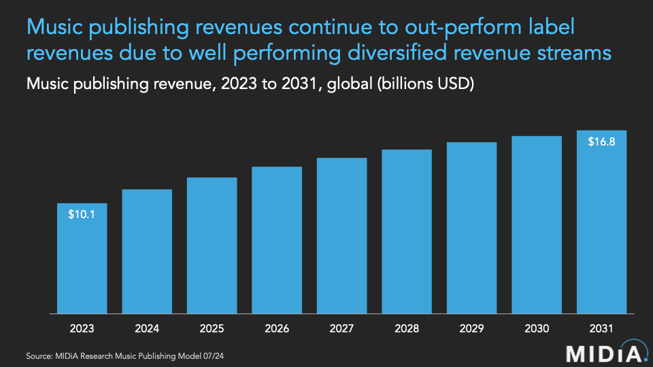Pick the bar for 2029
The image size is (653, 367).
coord(471,228)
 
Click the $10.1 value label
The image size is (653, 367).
coord(82,215)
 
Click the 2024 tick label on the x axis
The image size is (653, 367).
coord(147,328)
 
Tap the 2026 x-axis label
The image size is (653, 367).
coord(277,328)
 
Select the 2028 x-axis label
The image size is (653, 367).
coord(407,328)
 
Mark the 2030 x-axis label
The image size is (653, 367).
coord(537,328)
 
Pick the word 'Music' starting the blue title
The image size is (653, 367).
coord(52,28)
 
